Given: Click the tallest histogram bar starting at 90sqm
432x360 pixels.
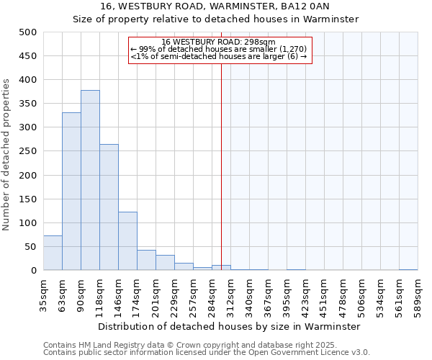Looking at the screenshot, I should coord(90,180).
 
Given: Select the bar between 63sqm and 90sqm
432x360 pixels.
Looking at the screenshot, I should coord(71,192).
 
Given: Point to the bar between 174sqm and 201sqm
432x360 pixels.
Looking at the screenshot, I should coord(146,260).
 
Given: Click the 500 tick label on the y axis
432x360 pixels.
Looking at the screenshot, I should coord(27,32).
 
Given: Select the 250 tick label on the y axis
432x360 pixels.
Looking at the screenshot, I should coord(27,151).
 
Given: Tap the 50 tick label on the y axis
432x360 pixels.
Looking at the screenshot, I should coord(30,247).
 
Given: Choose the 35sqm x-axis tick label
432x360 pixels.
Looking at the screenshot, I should coord(43,294).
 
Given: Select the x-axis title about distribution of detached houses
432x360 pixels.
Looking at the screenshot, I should coord(230,326).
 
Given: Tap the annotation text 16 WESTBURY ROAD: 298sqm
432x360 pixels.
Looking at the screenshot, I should coord(219,42).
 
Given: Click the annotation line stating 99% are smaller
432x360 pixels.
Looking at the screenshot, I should coord(219,49).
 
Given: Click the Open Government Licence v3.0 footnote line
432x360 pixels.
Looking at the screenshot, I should coord(207,353).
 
